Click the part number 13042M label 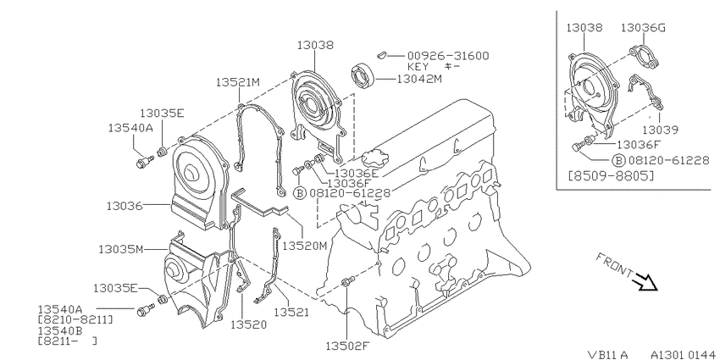coord(418,79)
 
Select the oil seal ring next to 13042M coord(363,77)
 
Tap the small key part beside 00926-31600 coord(380,56)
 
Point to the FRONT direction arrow coord(645,282)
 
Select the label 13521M coord(238,82)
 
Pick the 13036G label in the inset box coord(643,28)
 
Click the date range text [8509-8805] coord(610,175)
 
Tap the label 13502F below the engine coord(347,346)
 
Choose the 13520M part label coord(304,246)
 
